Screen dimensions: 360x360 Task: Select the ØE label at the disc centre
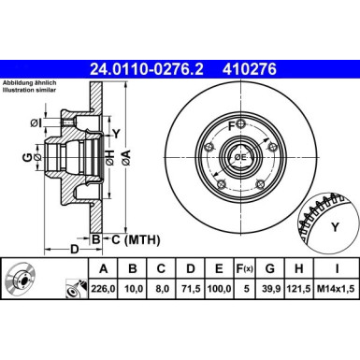click(x=239, y=158)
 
